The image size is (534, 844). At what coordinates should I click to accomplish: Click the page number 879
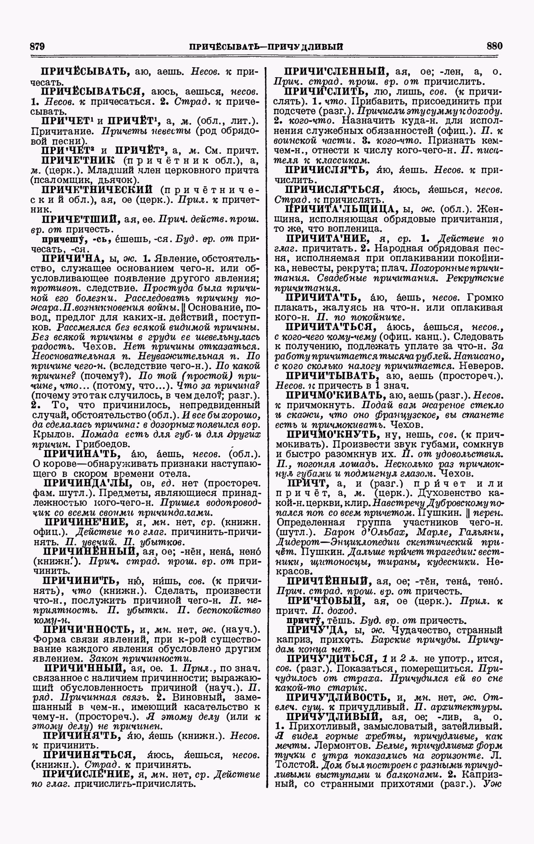pyautogui.click(x=38, y=46)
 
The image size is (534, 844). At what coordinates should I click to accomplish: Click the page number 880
pyautogui.click(x=494, y=46)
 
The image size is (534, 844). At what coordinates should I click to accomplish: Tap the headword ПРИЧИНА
pyautogui.click(x=67, y=258)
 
